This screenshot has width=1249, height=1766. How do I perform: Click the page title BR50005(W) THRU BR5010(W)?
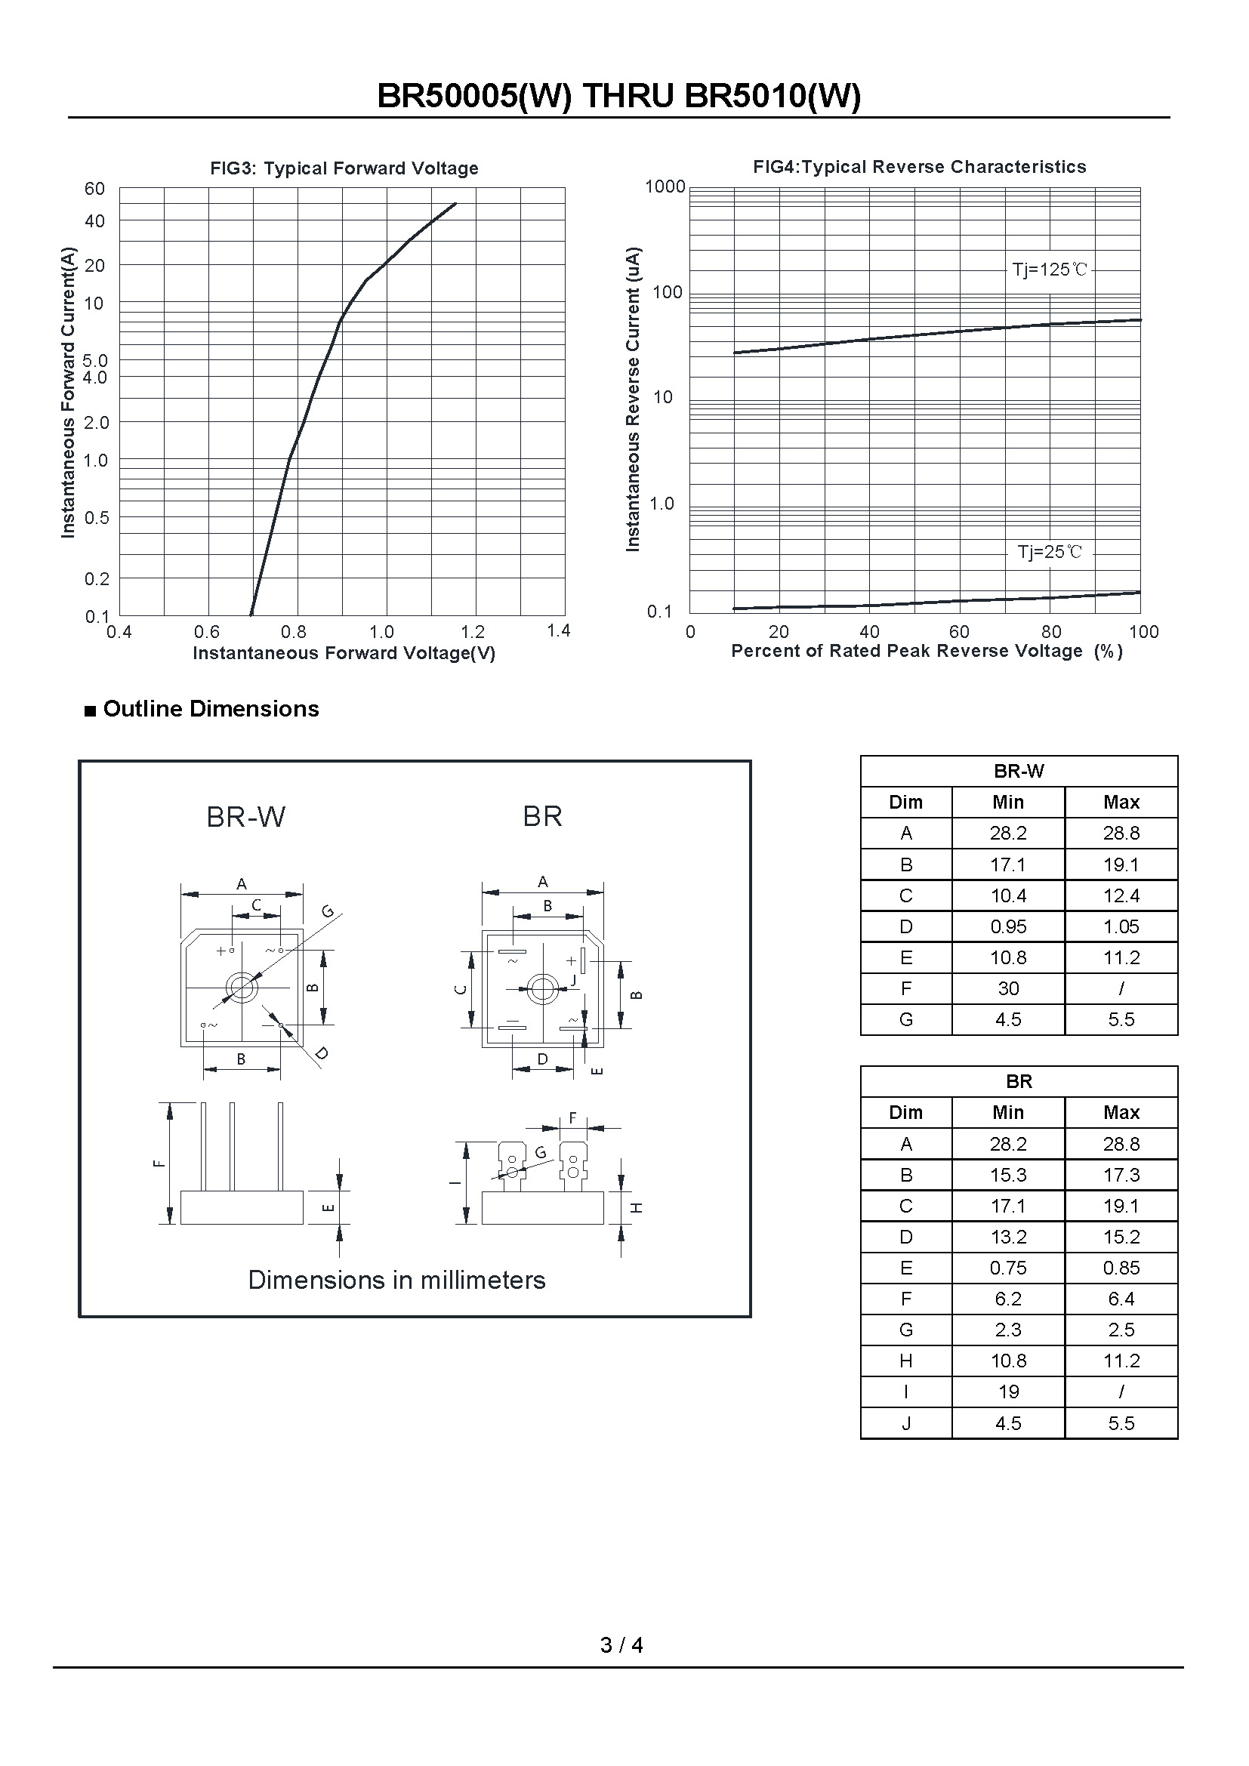pyautogui.click(x=619, y=97)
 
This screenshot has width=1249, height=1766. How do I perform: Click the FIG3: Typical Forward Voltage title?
pyautogui.click(x=344, y=168)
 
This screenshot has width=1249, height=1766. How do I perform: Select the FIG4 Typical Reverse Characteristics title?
pyautogui.click(x=919, y=167)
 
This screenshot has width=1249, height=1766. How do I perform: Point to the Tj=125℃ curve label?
pyautogui.click(x=1050, y=270)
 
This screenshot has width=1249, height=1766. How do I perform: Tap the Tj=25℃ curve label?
pyautogui.click(x=1050, y=551)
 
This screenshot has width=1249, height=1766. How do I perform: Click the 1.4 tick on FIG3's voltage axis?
pyautogui.click(x=558, y=630)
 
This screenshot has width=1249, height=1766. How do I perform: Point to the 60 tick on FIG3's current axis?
pyautogui.click(x=94, y=190)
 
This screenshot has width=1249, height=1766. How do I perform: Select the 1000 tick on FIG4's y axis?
pyautogui.click(x=665, y=187)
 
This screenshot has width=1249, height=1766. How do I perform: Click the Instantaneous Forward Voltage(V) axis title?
pyautogui.click(x=344, y=653)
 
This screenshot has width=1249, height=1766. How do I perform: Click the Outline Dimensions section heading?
pyautogui.click(x=210, y=708)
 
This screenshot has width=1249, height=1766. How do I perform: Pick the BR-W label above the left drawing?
pyautogui.click(x=246, y=817)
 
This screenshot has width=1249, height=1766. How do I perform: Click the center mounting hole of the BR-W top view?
pyautogui.click(x=242, y=988)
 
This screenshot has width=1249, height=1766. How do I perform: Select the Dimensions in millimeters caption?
pyautogui.click(x=397, y=1280)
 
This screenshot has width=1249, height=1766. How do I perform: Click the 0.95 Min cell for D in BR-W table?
pyautogui.click(x=1008, y=927)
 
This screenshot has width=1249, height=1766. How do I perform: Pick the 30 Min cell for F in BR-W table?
pyautogui.click(x=1008, y=988)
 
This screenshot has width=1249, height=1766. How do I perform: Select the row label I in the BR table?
pyautogui.click(x=906, y=1392)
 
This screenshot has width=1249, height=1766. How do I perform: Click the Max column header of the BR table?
pyautogui.click(x=1121, y=1112)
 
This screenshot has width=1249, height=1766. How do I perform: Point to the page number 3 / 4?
pyautogui.click(x=621, y=1644)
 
